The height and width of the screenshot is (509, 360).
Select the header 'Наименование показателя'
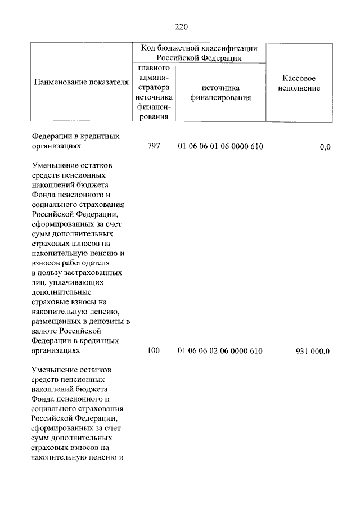click(x=82, y=83)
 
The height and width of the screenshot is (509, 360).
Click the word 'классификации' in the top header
click(x=231, y=48)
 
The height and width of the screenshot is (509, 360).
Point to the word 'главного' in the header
click(x=154, y=68)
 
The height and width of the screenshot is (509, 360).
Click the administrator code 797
click(x=154, y=147)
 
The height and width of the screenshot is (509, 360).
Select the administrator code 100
click(x=154, y=350)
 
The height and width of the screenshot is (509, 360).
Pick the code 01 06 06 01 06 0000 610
click(x=220, y=147)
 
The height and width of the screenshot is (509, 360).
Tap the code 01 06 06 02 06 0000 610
click(x=220, y=350)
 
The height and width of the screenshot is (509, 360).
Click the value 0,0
click(x=325, y=147)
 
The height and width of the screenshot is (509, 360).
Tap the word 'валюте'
click(x=45, y=331)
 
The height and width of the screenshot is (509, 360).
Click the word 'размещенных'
click(x=56, y=321)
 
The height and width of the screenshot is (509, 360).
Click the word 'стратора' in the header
click(x=154, y=88)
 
